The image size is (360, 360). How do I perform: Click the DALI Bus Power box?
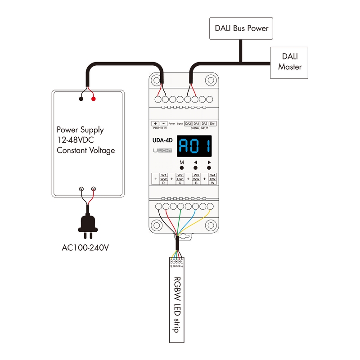point(242,28)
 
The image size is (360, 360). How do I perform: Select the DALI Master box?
point(289,62)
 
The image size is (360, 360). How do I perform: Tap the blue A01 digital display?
point(195,146)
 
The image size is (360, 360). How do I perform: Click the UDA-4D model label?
point(162,140)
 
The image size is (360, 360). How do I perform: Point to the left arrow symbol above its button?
point(195,162)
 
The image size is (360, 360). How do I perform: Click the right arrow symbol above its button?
point(209,162)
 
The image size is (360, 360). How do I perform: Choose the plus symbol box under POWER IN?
point(155,123)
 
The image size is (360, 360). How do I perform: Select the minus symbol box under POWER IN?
point(164,123)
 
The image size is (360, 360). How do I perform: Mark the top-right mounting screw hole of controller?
point(210,80)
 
